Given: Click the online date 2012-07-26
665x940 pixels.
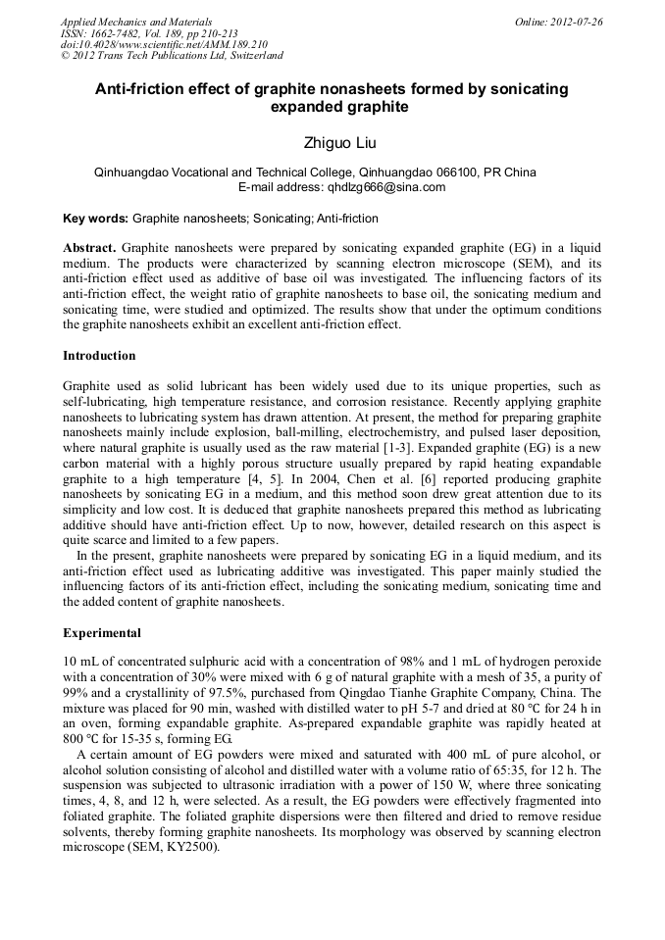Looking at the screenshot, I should (x=576, y=22).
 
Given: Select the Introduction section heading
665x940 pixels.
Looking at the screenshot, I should (x=99, y=356).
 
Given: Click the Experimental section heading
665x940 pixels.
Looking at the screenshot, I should (x=102, y=633).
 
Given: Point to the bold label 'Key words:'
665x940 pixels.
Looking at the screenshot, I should (x=95, y=219).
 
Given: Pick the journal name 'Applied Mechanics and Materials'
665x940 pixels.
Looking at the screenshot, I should (x=135, y=22).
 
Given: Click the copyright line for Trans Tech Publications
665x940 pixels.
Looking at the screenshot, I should (x=172, y=56).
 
